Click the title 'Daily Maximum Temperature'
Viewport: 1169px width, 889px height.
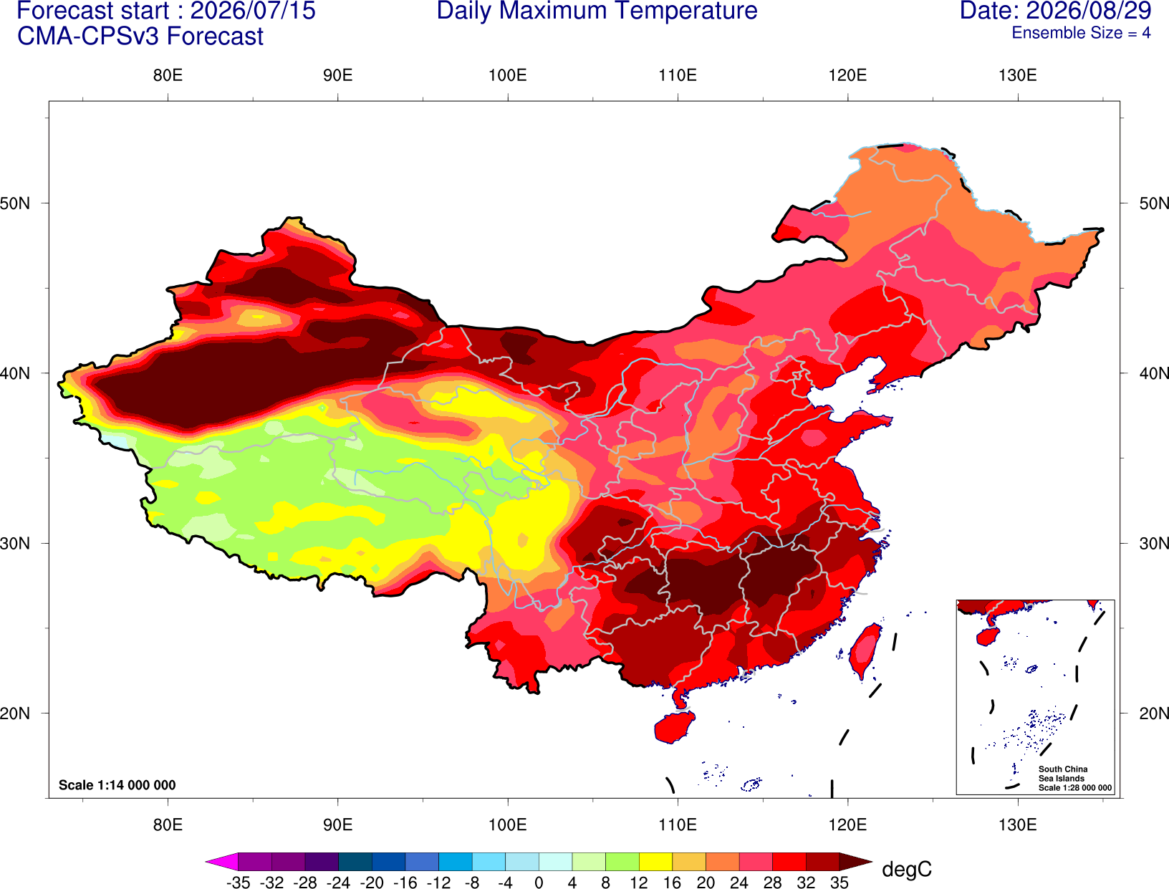pos(597,11)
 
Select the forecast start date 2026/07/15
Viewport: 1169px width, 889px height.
pos(252,10)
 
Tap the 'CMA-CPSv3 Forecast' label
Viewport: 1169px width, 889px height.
pos(140,37)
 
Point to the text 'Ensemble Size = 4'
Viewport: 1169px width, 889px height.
pos(1081,33)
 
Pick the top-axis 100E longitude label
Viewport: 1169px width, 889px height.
pos(508,75)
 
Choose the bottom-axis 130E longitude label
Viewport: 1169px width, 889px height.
pos(1017,825)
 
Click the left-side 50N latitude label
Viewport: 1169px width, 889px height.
pos(15,203)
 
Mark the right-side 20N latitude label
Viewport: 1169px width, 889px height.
pos(1153,713)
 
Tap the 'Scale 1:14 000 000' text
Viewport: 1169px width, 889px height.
pos(117,785)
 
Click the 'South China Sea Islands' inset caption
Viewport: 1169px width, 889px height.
pos(1063,774)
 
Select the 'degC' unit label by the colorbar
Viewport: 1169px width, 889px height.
pos(906,869)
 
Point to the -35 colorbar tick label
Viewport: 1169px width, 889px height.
pos(238,883)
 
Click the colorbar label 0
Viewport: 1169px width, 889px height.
pos(539,883)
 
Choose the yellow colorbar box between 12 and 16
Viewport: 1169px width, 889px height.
pos(655,861)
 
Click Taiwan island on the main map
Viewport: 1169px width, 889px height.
pos(864,651)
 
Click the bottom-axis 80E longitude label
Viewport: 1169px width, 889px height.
pos(168,825)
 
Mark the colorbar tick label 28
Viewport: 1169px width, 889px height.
pos(773,883)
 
